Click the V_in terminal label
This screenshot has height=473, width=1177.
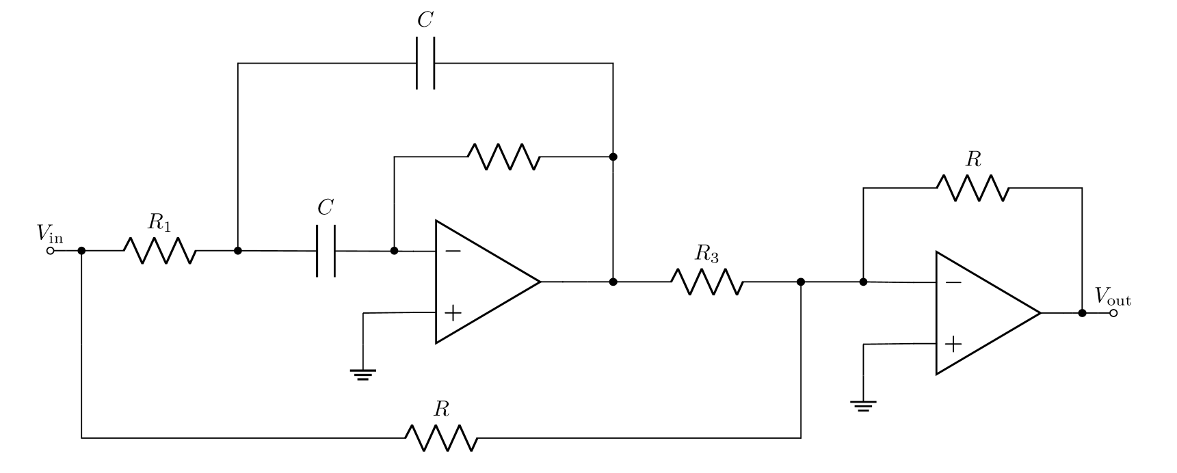click(x=50, y=234)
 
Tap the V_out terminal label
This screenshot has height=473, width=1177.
click(x=1113, y=297)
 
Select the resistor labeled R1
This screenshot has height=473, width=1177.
click(x=160, y=251)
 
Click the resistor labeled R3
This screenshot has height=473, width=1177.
click(x=707, y=282)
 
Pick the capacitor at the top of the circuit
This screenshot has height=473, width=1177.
click(x=425, y=63)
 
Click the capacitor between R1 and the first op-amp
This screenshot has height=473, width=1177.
click(x=326, y=251)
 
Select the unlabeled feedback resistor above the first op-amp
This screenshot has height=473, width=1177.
click(x=504, y=157)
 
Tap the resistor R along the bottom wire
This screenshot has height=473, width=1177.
click(x=441, y=437)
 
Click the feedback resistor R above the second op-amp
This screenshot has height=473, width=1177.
click(x=973, y=188)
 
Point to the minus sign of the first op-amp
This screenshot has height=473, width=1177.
click(x=453, y=252)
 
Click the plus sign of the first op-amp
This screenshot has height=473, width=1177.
click(x=453, y=313)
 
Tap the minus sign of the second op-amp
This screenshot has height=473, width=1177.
click(x=953, y=282)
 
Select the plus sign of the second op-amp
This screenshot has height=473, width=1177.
click(x=953, y=344)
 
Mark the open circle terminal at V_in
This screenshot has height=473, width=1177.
click(x=50, y=251)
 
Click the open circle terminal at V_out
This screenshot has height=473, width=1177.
click(x=1113, y=313)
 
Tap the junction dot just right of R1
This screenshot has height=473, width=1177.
click(x=238, y=251)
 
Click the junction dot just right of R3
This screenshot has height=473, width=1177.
click(x=801, y=282)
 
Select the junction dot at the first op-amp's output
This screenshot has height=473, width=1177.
click(x=613, y=282)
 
